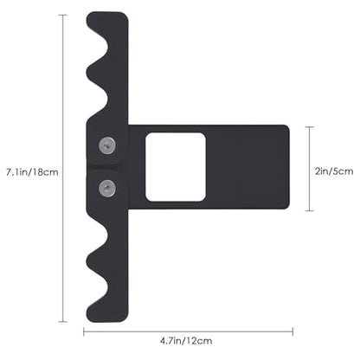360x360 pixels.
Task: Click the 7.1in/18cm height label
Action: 32,172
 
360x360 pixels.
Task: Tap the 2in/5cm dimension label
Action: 334,171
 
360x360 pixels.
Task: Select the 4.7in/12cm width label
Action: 186,341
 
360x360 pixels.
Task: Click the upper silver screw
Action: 107,145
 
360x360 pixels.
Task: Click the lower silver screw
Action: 107,189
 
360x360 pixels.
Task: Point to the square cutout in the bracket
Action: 176,167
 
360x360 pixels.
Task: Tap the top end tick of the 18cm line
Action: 63,15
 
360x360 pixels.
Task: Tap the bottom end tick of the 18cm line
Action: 63,321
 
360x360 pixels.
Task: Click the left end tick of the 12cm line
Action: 84,331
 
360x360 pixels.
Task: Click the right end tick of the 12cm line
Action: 292,331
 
